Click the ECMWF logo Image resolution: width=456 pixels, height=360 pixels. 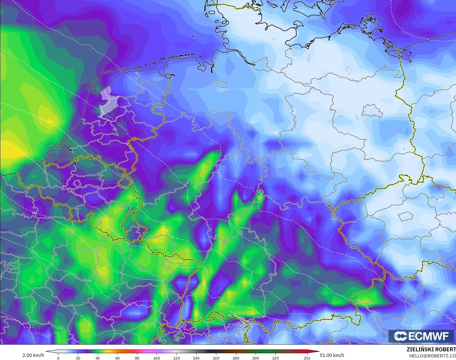point(421,336)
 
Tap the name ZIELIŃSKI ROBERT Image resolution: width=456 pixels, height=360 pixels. point(431,350)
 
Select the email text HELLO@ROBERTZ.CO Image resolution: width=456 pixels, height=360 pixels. point(432,356)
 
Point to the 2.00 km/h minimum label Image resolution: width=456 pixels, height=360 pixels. point(33,355)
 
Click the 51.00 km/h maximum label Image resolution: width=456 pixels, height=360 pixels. point(332,355)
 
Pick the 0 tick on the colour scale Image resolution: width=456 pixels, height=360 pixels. point(58,358)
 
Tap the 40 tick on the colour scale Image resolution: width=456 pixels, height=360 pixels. point(97,358)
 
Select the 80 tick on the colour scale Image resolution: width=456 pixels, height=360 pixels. point(137,358)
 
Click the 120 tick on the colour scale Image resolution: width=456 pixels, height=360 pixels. point(176,358)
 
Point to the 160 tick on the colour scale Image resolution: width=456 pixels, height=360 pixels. point(216,358)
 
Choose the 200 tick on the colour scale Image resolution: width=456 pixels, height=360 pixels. point(255,358)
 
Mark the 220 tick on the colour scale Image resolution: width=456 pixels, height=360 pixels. point(275,358)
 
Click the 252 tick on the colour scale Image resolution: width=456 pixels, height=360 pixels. point(307,358)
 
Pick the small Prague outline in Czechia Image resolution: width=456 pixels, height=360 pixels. point(406,216)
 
